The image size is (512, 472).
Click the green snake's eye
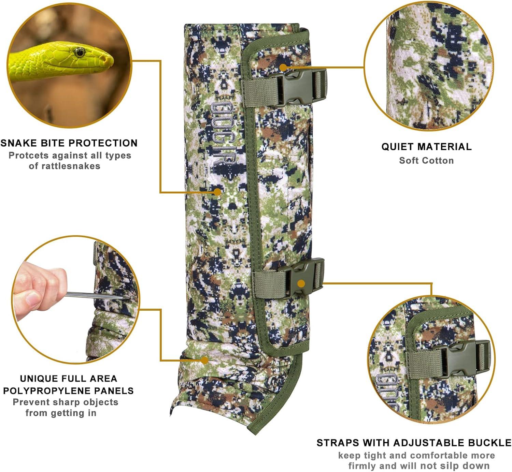pyautogui.click(x=80, y=52)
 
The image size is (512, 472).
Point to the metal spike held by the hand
pyautogui.click(x=96, y=296)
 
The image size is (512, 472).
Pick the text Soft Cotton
pyautogui.click(x=426, y=160)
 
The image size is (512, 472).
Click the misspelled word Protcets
pyautogui.click(x=26, y=155)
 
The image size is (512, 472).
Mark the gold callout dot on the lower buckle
pyautogui.click(x=301, y=283)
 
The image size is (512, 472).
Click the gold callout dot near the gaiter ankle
pyautogui.click(x=204, y=360)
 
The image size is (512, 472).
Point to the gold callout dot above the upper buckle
pyautogui.click(x=283, y=67)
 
